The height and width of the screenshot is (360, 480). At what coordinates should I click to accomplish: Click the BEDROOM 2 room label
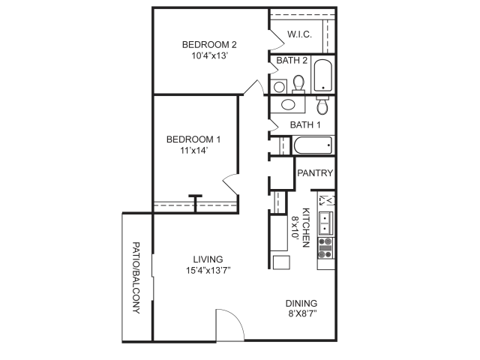(x=209, y=45)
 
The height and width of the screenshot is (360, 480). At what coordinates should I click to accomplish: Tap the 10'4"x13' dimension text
(x=209, y=55)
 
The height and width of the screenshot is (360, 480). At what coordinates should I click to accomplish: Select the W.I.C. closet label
(x=299, y=34)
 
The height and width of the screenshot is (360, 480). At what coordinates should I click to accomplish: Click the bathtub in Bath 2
(x=323, y=75)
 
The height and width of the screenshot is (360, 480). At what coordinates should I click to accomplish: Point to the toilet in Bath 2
(x=298, y=84)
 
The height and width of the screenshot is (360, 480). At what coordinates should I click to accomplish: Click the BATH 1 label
(x=305, y=125)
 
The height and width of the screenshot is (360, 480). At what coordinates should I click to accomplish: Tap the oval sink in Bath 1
(x=288, y=105)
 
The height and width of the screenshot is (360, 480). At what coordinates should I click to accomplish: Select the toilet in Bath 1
(x=322, y=105)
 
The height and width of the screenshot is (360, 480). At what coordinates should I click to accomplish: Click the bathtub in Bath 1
(x=313, y=145)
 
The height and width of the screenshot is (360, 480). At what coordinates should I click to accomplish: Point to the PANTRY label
(x=315, y=173)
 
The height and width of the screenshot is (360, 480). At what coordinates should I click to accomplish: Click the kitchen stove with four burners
(x=325, y=247)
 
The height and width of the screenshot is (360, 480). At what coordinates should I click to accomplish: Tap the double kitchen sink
(x=325, y=223)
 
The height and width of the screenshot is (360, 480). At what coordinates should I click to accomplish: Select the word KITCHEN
(x=306, y=227)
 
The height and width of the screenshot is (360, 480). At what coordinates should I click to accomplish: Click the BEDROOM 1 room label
(x=193, y=139)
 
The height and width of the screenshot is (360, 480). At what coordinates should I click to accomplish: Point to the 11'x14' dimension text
(x=194, y=150)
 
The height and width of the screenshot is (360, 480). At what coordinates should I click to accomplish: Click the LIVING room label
(x=208, y=259)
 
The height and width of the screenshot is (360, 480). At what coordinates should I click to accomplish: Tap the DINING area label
(x=301, y=303)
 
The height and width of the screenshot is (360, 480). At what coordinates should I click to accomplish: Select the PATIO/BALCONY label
(x=136, y=278)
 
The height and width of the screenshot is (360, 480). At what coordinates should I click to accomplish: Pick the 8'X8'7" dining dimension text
(x=302, y=313)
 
